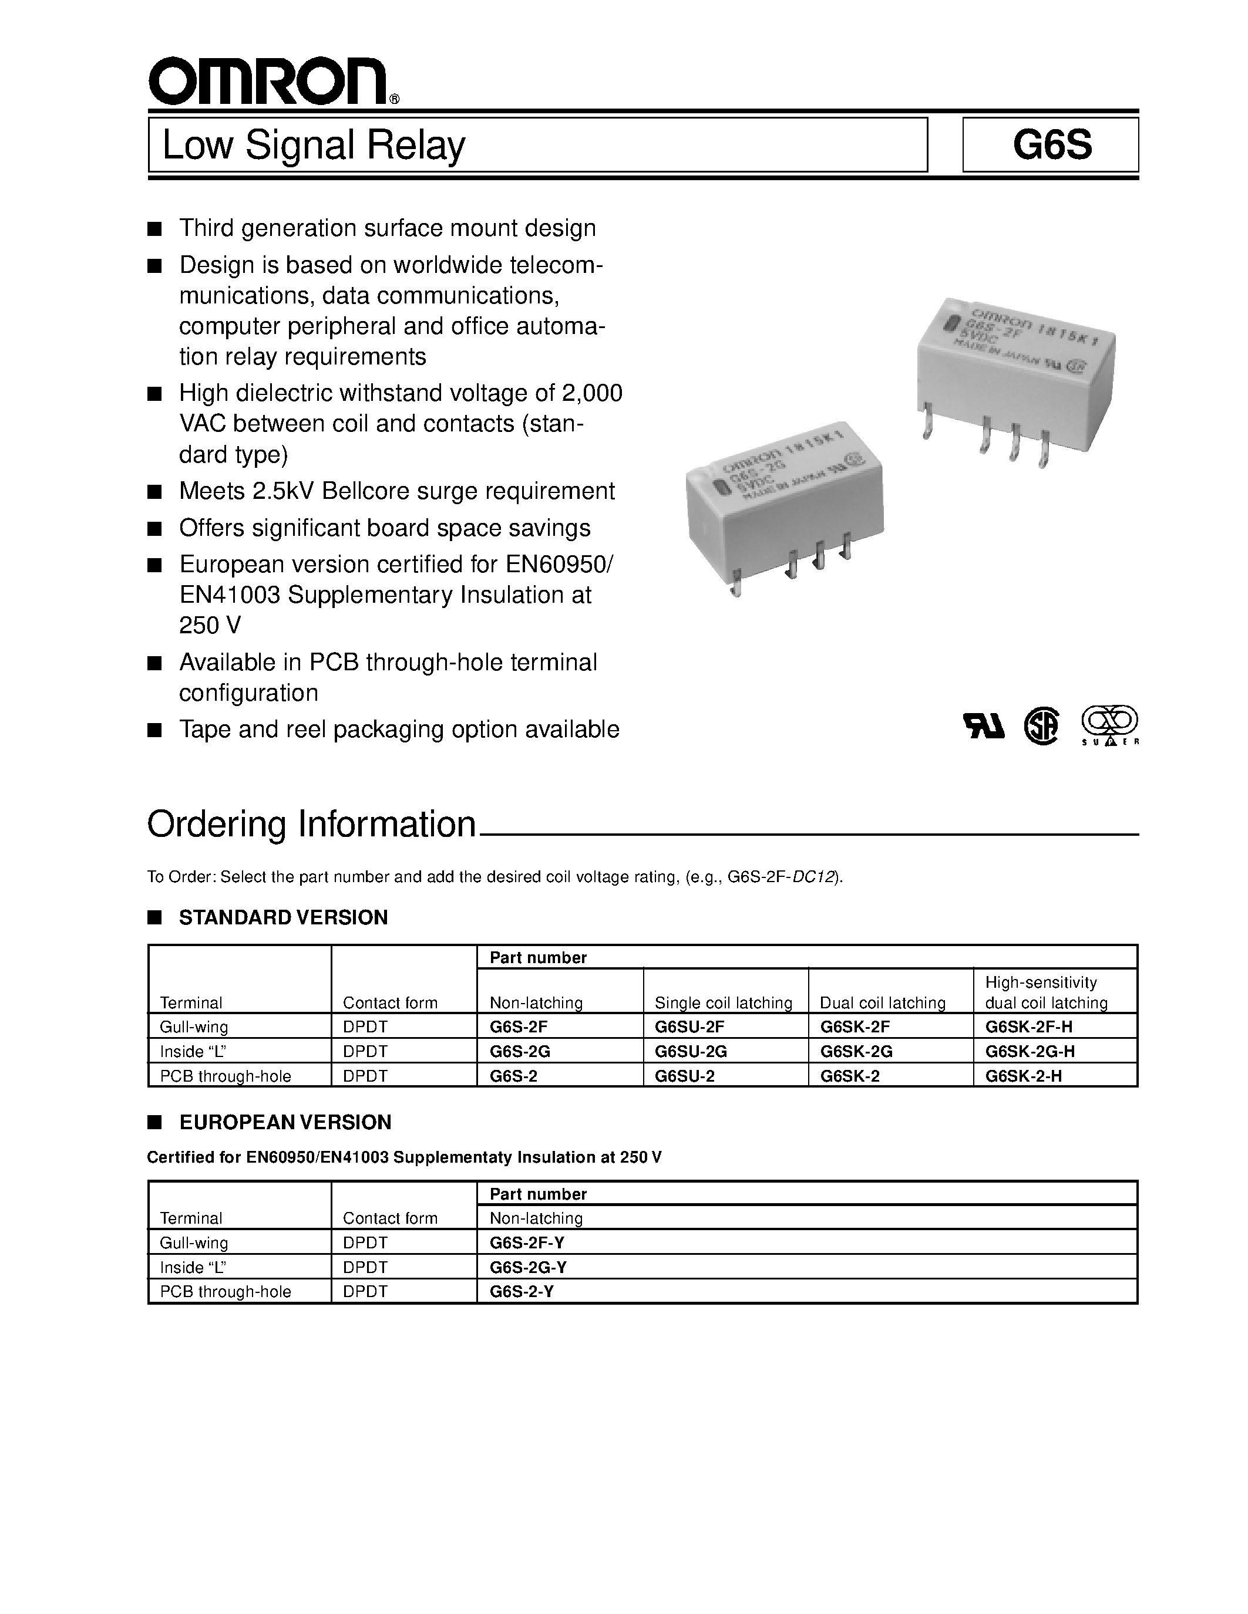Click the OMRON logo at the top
pyautogui.click(x=268, y=82)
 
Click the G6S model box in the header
pyautogui.click(x=1051, y=146)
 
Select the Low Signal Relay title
pyautogui.click(x=314, y=146)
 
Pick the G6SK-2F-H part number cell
pyautogui.click(x=1028, y=1027)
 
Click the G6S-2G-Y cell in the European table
pyautogui.click(x=528, y=1267)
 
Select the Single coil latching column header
pyautogui.click(x=723, y=1003)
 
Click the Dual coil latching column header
pyautogui.click(x=882, y=1003)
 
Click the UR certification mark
pyautogui.click(x=983, y=727)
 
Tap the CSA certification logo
pyautogui.click(x=1041, y=727)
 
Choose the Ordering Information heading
pyautogui.click(x=311, y=825)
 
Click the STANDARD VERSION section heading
pyautogui.click(x=283, y=918)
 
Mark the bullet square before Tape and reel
pyautogui.click(x=154, y=730)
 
